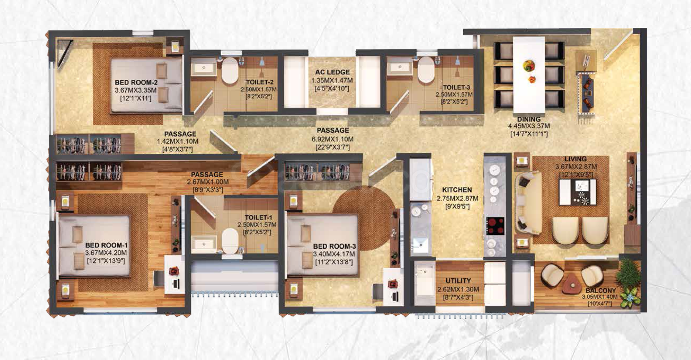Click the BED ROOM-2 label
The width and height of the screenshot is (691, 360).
point(136,82)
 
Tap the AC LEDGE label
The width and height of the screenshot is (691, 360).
point(332,72)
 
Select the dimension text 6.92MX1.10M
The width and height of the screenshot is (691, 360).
point(332,139)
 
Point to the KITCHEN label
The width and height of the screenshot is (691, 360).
point(457,190)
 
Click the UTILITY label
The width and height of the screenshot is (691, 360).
point(458,281)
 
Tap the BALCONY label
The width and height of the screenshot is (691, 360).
point(600,291)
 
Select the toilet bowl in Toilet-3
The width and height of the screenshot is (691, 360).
point(426,70)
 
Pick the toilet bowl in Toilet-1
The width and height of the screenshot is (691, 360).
point(230,241)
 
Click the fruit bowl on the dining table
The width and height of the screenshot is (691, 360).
point(529,66)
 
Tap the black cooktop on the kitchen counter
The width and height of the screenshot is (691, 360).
point(495,226)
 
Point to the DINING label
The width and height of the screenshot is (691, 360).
point(529,119)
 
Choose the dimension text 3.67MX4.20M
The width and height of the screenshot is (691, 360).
point(106,253)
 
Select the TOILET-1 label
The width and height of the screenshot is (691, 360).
point(258,218)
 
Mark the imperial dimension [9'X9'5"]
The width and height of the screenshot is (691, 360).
point(457,207)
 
